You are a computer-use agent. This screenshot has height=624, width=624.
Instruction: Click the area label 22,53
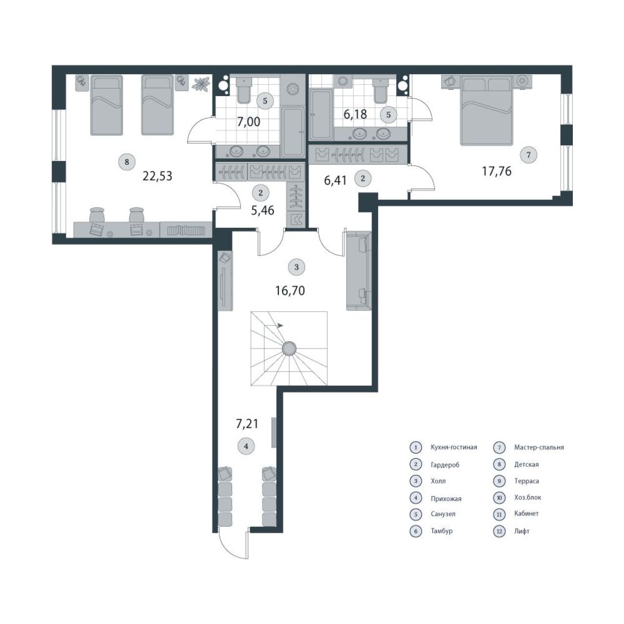coord(157,176)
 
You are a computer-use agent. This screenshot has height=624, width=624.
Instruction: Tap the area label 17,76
coord(497,171)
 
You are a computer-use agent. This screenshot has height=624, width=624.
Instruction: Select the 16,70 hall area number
coord(290,291)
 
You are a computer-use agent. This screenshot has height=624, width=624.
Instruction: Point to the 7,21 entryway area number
coord(247,424)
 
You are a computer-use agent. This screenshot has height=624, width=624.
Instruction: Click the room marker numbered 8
coord(127,161)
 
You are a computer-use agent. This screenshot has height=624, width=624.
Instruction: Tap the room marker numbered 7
coord(528,155)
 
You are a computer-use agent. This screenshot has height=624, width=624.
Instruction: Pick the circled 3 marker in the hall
coord(296,267)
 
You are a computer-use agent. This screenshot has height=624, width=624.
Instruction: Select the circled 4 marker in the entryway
coord(246,446)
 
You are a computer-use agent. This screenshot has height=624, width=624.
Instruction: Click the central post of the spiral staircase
coord(289,349)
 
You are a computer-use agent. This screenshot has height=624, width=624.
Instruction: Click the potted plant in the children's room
coord(201,84)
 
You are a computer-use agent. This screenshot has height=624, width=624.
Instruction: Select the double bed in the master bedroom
coord(487,110)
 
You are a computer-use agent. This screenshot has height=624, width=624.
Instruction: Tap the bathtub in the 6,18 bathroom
coord(321,115)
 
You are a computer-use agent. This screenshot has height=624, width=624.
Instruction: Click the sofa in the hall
coord(359,271)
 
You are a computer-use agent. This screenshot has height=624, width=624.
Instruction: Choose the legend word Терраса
coord(526,481)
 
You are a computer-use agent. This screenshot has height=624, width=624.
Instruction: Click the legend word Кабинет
coord(526,513)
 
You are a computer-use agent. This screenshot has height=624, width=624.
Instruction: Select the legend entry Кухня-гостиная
coord(454,447)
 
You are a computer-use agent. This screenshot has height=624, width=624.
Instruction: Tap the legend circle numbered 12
coord(499,531)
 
